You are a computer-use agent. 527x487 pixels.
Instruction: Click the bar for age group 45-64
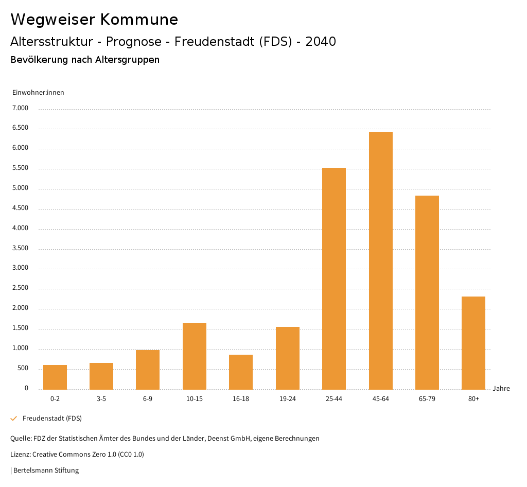(x=380, y=260)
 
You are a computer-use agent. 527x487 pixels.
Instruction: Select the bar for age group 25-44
(x=334, y=279)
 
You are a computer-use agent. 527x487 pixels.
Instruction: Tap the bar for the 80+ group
(x=473, y=343)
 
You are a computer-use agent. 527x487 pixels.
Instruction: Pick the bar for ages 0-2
(x=55, y=377)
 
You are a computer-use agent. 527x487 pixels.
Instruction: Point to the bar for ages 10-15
(x=195, y=356)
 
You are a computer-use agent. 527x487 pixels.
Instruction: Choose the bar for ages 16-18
(x=241, y=372)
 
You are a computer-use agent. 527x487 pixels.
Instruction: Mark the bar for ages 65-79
(x=427, y=292)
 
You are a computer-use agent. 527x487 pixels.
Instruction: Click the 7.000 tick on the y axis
(x=20, y=108)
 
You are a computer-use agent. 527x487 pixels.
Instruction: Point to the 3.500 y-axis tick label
(x=20, y=248)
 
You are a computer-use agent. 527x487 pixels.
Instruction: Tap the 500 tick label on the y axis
(x=23, y=369)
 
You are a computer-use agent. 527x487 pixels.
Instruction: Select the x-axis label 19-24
(x=287, y=399)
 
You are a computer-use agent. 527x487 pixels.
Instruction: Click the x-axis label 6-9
(x=148, y=399)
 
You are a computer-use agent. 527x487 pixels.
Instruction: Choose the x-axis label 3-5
(x=101, y=399)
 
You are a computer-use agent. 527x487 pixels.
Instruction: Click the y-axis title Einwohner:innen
(x=38, y=93)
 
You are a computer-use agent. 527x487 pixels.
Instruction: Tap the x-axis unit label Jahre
(x=501, y=389)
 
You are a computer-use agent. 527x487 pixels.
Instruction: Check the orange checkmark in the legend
(x=14, y=419)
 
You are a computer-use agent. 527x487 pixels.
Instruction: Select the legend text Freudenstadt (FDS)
(x=52, y=419)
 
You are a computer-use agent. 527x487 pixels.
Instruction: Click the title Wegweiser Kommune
(x=94, y=20)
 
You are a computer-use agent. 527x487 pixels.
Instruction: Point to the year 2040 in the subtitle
(x=321, y=42)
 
